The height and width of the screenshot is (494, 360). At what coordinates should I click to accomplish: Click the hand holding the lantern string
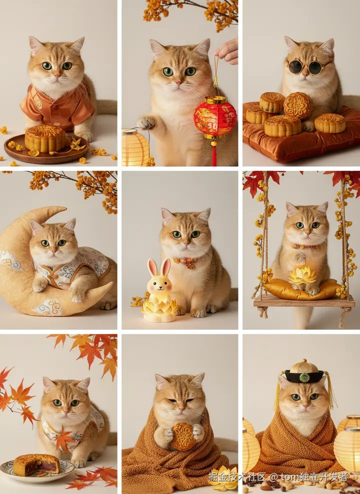click(227, 51)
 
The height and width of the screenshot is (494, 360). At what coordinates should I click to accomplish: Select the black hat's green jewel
click(304, 377)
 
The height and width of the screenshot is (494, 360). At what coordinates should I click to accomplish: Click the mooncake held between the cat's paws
click(183, 436)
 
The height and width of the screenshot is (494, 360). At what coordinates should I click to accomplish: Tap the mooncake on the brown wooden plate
click(45, 138)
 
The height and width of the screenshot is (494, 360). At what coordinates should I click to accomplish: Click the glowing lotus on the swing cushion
click(302, 275)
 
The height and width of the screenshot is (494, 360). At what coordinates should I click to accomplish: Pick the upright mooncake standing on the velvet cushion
click(297, 105)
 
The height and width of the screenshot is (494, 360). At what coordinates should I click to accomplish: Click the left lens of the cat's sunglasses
click(295, 67)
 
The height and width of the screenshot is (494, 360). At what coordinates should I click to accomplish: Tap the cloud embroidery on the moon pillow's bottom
click(48, 306)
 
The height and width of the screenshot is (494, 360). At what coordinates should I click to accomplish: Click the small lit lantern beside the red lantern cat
click(135, 148)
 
